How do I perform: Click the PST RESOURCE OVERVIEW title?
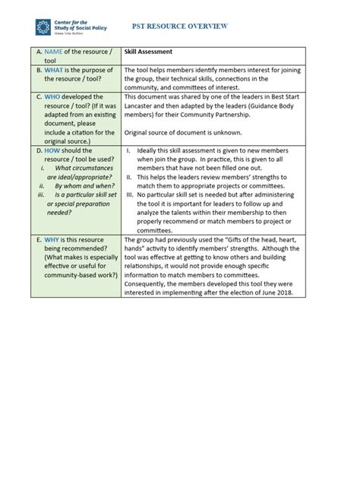[x=191, y=26]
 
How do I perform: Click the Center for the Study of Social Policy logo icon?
[x=43, y=27]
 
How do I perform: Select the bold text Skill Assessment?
[x=149, y=52]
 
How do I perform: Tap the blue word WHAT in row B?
[x=52, y=70]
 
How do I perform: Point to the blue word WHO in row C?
[x=52, y=97]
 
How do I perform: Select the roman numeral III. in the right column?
[x=131, y=194]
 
